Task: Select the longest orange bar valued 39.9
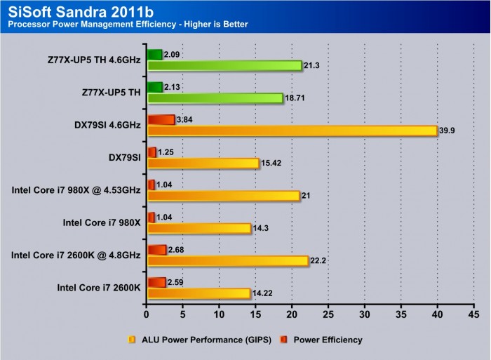[291, 131]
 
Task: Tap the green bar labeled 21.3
[224, 66]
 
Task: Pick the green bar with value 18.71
[215, 98]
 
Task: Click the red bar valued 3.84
[161, 119]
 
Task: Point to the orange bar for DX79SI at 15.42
[203, 163]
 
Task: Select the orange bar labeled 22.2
[227, 260]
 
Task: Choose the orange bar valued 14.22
[199, 293]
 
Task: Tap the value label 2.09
[173, 54]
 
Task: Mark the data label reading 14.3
[262, 228]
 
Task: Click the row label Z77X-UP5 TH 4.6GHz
[90, 60]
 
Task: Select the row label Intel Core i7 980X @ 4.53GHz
[76, 189]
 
